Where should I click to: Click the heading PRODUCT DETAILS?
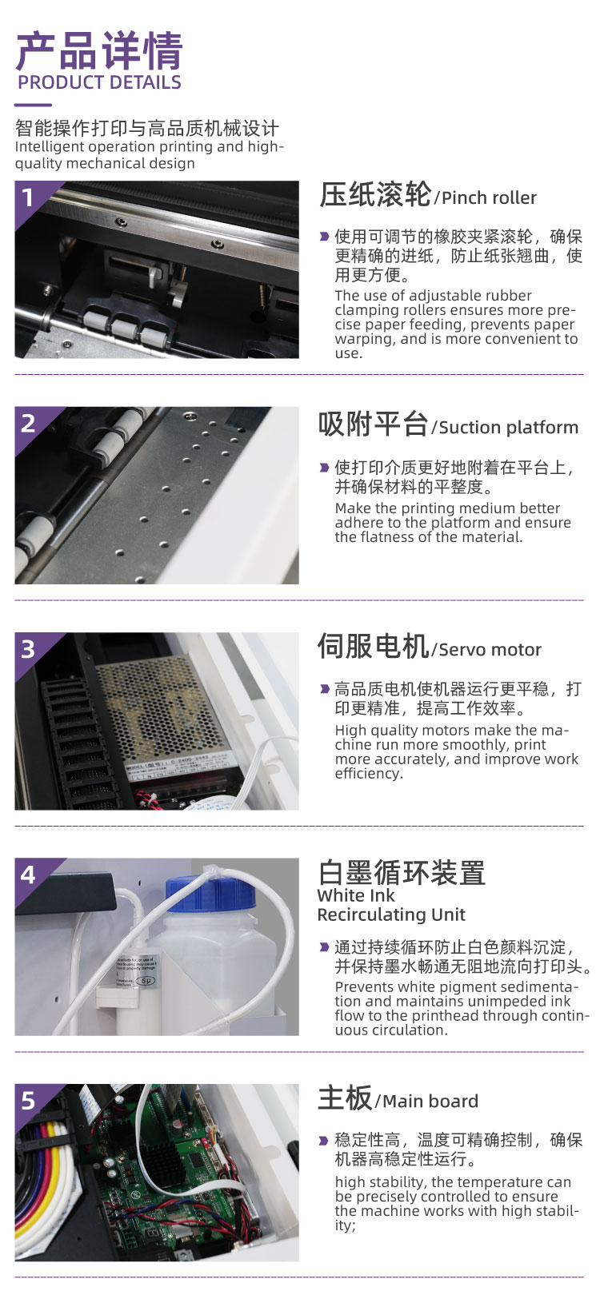pyautogui.click(x=99, y=82)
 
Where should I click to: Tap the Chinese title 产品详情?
pyautogui.click(x=99, y=51)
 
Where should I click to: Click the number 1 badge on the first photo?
pyautogui.click(x=27, y=197)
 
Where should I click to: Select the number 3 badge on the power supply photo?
pyautogui.click(x=28, y=649)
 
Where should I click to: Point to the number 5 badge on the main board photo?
pyautogui.click(x=28, y=1100)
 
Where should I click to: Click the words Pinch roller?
pyautogui.click(x=489, y=197)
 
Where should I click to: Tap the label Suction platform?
pyautogui.click(x=509, y=427)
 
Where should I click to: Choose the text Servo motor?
pyautogui.click(x=490, y=649)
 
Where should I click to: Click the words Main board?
pyautogui.click(x=430, y=1101)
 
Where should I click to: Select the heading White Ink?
pyautogui.click(x=356, y=895)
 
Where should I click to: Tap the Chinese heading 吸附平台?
pyautogui.click(x=373, y=424)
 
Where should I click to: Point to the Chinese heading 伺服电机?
pyautogui.click(x=373, y=646)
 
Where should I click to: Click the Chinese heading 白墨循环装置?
pyautogui.click(x=402, y=872)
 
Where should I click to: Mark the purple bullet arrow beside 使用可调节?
pyautogui.click(x=324, y=237)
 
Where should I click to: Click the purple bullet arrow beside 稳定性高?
pyautogui.click(x=324, y=1140)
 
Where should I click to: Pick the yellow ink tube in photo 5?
pyautogui.click(x=51, y=1162)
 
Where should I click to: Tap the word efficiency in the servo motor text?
pyautogui.click(x=369, y=774)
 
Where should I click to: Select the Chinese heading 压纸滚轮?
pyautogui.click(x=375, y=194)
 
